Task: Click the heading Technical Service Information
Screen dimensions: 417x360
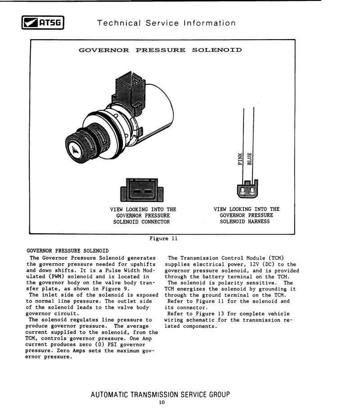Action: (166, 23)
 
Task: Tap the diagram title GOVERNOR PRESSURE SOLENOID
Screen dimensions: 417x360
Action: (160, 50)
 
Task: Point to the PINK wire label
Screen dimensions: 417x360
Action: (240, 159)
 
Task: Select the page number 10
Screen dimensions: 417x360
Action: (162, 403)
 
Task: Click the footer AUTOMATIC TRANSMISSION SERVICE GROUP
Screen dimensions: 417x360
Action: (160, 394)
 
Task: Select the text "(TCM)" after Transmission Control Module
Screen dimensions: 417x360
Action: (276, 258)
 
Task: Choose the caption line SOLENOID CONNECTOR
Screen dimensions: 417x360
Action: (141, 222)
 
